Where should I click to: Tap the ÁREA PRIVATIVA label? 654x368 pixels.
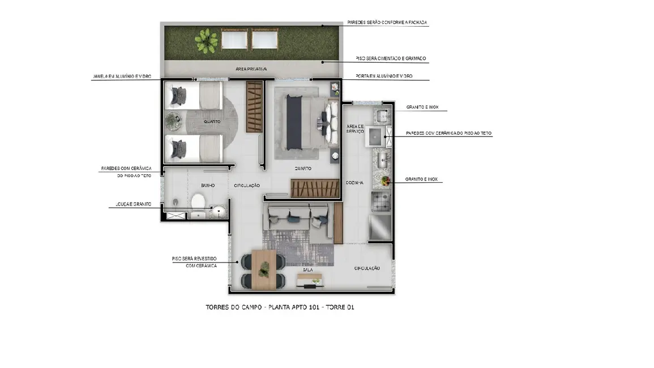251,69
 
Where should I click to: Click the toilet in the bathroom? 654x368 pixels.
198,200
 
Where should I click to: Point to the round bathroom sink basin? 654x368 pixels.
218,211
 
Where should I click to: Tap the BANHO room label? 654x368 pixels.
207,185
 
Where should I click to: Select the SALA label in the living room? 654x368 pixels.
308,270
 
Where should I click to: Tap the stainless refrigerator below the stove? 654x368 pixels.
380,227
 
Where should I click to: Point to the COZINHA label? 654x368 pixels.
354,183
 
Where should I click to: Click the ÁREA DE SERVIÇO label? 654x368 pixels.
355,128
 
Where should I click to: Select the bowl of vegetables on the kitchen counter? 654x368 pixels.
386,181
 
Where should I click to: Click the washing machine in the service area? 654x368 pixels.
376,136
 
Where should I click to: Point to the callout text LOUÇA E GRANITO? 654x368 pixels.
130,204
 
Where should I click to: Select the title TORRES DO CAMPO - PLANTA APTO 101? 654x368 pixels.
280,307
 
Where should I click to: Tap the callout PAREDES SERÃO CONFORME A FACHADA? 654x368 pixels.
387,23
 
